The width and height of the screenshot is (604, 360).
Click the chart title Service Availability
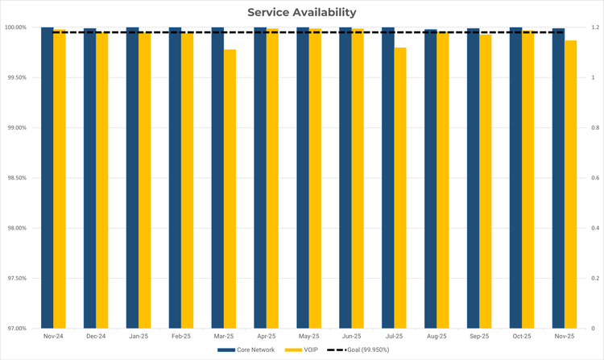point(302,12)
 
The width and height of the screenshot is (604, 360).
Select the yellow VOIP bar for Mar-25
point(230,189)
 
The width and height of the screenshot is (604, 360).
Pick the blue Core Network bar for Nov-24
point(48,177)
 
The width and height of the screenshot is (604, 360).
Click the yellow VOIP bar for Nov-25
point(571,184)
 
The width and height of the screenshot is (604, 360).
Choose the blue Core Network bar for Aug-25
point(431,179)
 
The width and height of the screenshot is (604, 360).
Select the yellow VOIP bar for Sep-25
point(486,181)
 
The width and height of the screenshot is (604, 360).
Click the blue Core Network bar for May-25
point(303,177)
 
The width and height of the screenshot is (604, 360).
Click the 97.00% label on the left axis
point(16,329)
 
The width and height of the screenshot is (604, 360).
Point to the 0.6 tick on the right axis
point(593,178)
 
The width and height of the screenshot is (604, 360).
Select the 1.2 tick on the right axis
point(593,27)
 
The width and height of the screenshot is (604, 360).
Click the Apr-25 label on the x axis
point(267,336)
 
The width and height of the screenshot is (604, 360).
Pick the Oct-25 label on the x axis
point(522,336)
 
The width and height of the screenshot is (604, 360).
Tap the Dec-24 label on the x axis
point(96,336)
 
